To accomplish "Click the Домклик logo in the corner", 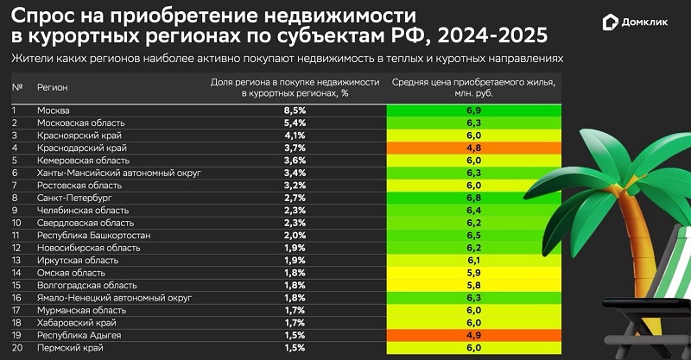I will (637, 23).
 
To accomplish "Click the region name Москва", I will (54, 111).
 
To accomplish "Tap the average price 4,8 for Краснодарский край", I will (472, 148).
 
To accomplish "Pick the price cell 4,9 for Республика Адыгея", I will (472, 335).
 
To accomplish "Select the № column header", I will (17, 88).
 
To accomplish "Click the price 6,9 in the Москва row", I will (472, 111).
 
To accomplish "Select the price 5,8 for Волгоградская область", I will (472, 285).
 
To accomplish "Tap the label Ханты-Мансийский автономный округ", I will (118, 174).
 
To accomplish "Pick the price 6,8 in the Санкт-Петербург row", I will (472, 199).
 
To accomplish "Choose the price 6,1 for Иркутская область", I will (472, 261).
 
